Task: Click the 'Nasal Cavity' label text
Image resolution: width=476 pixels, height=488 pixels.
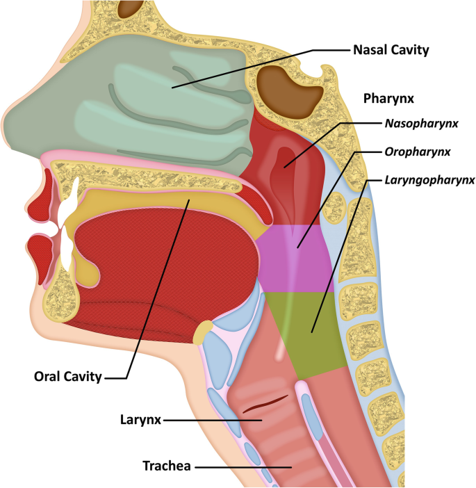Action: click(x=391, y=50)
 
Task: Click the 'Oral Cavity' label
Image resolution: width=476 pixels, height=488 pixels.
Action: click(x=68, y=377)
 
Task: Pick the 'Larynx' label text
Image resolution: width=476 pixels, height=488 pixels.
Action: click(x=139, y=421)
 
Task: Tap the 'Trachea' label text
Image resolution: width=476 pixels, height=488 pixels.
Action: click(x=167, y=465)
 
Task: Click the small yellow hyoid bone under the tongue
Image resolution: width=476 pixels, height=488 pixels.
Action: click(x=204, y=332)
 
